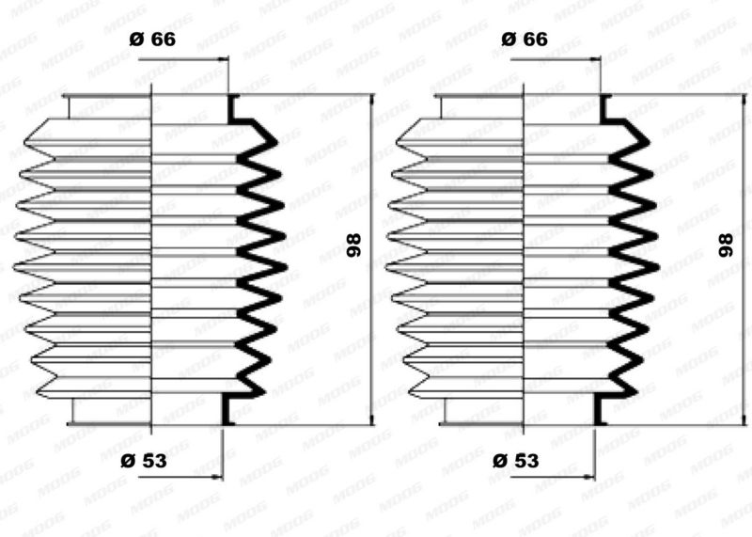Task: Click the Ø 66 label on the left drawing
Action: [152, 39]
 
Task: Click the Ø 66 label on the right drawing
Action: [525, 39]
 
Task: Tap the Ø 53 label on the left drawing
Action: [144, 461]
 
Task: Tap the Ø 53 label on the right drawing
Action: [516, 461]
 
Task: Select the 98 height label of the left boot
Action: [354, 245]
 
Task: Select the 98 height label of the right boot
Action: [726, 245]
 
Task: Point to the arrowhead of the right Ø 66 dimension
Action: [596, 59]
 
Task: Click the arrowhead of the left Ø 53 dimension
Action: [218, 477]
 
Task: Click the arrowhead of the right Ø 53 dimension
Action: [590, 477]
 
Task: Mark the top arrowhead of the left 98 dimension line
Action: [371, 100]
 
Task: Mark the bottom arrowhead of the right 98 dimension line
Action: [744, 419]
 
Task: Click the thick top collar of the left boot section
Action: [232, 109]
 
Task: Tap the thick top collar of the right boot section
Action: [604, 109]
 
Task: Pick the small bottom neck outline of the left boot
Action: [73, 411]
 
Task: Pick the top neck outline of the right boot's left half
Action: [441, 106]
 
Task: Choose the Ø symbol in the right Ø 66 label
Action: [509, 39]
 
